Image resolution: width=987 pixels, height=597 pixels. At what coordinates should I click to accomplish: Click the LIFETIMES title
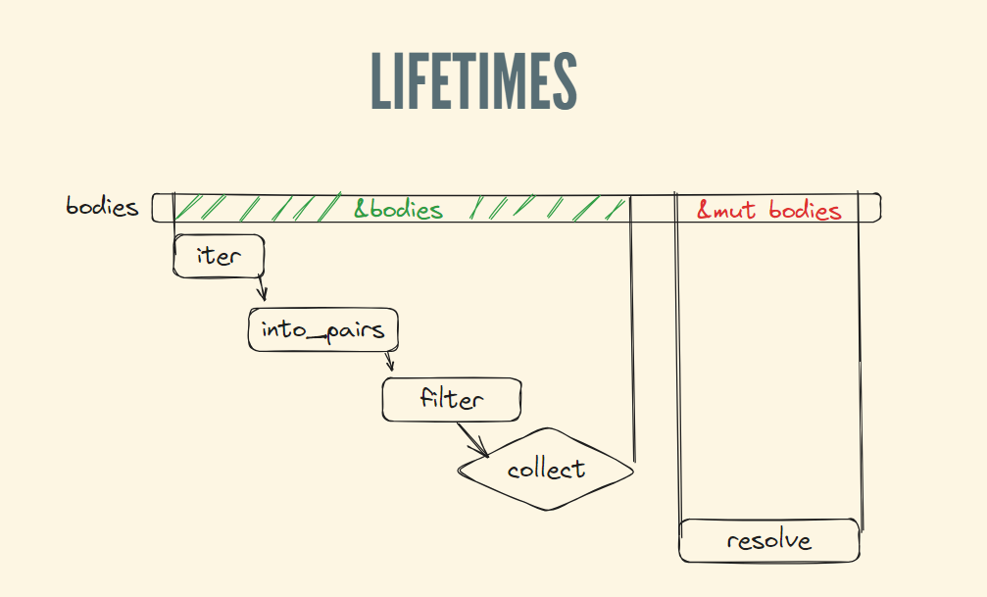pyautogui.click(x=472, y=79)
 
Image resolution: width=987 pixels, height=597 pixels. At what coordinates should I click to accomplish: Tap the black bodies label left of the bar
pyautogui.click(x=102, y=207)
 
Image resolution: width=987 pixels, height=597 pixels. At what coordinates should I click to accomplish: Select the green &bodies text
pyautogui.click(x=398, y=209)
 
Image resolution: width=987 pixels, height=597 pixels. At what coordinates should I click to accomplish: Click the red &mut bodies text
pyautogui.click(x=768, y=210)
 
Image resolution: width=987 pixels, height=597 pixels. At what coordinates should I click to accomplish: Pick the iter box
pyautogui.click(x=220, y=255)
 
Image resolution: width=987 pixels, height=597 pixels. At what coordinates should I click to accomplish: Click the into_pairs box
pyautogui.click(x=323, y=330)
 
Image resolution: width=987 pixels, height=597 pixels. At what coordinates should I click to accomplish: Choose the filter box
pyautogui.click(x=451, y=399)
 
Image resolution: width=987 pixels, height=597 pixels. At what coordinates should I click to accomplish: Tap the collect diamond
pyautogui.click(x=546, y=470)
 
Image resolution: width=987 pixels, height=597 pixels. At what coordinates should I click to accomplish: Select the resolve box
pyautogui.click(x=769, y=540)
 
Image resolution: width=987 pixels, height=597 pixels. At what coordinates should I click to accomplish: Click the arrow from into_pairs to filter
pyautogui.click(x=389, y=362)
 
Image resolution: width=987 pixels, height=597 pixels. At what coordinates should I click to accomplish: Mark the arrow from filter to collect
pyautogui.click(x=472, y=439)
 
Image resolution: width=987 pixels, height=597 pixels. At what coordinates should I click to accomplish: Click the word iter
pyautogui.click(x=218, y=255)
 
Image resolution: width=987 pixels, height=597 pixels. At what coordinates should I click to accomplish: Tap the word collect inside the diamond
pyautogui.click(x=546, y=470)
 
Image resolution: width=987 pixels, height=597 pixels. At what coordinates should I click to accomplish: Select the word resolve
pyautogui.click(x=769, y=540)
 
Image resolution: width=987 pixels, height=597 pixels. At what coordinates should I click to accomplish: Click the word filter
pyautogui.click(x=452, y=399)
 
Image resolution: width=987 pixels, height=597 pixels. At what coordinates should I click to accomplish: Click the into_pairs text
pyautogui.click(x=323, y=330)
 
